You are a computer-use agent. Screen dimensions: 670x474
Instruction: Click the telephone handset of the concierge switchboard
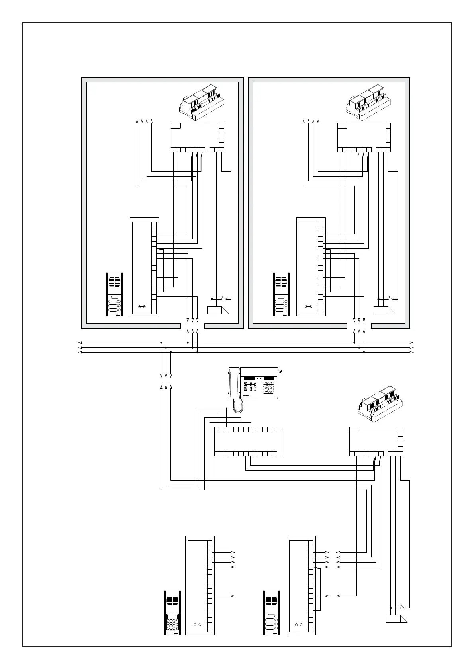click(x=234, y=384)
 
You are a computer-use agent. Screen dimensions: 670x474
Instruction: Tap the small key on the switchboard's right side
click(x=280, y=372)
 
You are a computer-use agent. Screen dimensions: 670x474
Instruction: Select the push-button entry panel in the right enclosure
click(x=281, y=294)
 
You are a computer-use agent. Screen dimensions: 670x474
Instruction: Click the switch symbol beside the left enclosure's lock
click(x=223, y=298)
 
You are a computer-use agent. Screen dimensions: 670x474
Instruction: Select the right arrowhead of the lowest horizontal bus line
click(x=412, y=352)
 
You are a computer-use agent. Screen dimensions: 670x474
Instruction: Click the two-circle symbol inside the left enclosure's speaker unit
click(x=141, y=307)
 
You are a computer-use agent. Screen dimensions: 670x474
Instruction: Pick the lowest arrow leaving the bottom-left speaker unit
click(x=233, y=596)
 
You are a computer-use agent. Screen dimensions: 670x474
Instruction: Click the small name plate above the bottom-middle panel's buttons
click(x=272, y=615)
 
